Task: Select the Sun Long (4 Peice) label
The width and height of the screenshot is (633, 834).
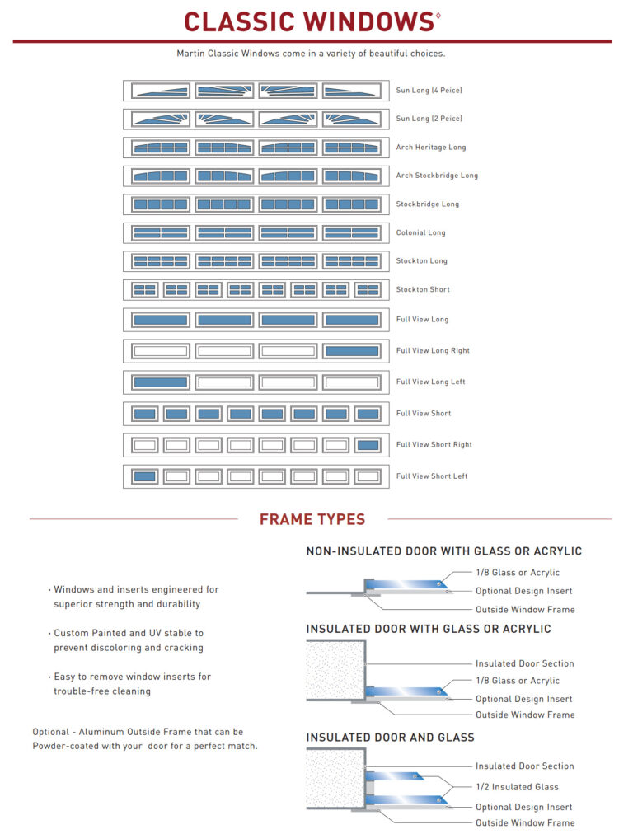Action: coord(429,90)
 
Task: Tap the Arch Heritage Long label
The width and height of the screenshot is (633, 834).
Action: coord(430,147)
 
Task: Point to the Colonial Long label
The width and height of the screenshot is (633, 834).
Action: coord(420,232)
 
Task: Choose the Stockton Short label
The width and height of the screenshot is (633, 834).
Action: coord(423,289)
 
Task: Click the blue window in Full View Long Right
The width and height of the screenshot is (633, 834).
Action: coord(352,351)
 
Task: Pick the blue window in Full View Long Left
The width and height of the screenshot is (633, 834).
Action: coord(160,382)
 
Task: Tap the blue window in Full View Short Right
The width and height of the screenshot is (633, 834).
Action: coord(368,445)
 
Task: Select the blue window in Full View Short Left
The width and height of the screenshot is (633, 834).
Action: coord(144,476)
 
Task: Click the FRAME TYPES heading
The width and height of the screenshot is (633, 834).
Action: coord(312,519)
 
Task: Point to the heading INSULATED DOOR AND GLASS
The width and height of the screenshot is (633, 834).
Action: coord(391,737)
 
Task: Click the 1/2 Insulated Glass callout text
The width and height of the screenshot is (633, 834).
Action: coord(517,787)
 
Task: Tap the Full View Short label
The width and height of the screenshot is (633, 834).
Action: coord(424,413)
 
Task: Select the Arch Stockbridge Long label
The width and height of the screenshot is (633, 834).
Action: coord(437,176)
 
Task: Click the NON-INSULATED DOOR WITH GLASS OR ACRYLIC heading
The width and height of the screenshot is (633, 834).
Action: coord(443,551)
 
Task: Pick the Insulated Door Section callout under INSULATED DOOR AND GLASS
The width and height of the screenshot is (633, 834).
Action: coord(524,766)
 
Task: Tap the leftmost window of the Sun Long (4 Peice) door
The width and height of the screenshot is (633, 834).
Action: coord(160,91)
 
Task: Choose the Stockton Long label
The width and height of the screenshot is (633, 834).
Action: coord(421,261)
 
